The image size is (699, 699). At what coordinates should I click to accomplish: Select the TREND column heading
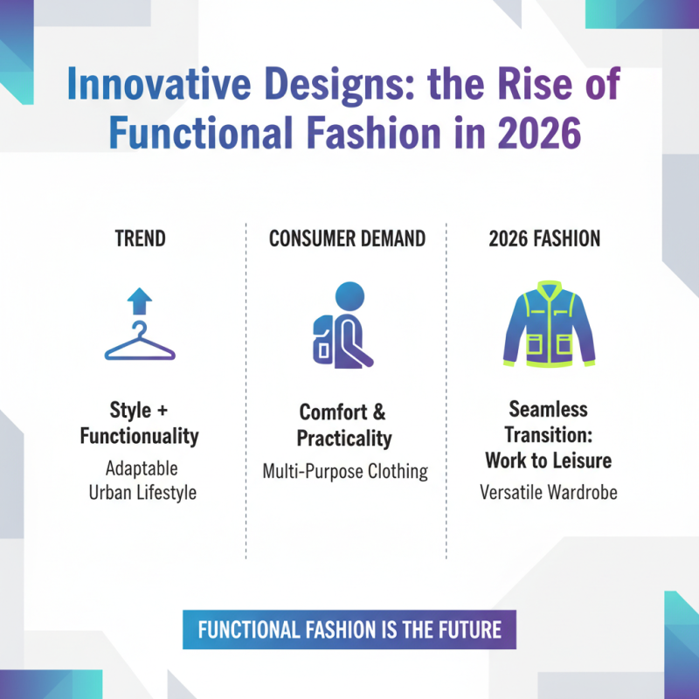coord(140,239)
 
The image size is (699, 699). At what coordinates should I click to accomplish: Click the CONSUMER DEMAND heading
coord(347,239)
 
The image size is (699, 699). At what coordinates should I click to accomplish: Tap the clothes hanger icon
coord(140,343)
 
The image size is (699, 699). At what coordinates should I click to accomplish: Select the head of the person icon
coord(349,295)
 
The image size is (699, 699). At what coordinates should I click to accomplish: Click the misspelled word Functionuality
coord(140,435)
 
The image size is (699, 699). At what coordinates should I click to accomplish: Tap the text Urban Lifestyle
coord(142,492)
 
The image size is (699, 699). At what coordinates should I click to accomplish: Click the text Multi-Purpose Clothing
coord(345,472)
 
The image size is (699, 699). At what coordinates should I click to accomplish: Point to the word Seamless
coord(549,409)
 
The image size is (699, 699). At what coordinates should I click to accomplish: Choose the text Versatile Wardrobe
coord(549,492)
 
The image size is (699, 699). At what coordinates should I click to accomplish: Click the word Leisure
coord(583,460)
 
